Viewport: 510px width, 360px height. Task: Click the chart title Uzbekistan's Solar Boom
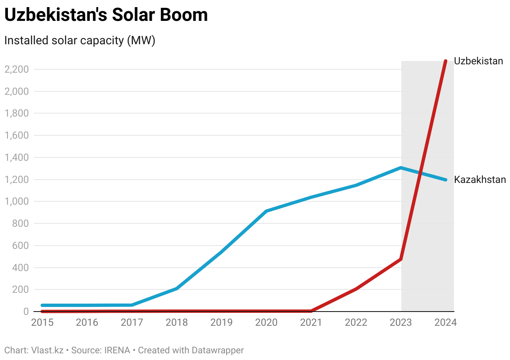(106, 15)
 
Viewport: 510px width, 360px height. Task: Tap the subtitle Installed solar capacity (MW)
(79, 41)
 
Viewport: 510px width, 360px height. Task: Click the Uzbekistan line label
(478, 61)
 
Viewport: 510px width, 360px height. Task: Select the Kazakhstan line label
(480, 180)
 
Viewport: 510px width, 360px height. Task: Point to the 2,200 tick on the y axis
(16, 69)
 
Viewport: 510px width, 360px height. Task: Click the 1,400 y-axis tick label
(16, 158)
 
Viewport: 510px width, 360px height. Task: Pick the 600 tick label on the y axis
(20, 246)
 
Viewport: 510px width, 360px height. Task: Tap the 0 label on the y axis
(25, 312)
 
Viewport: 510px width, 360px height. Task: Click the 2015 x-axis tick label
(43, 323)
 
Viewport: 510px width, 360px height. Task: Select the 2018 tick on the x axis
(177, 323)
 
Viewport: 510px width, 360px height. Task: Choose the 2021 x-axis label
(311, 323)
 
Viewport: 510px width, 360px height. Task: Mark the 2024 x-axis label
(445, 323)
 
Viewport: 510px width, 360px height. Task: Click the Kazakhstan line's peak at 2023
(401, 168)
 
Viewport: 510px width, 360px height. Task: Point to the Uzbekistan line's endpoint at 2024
(446, 61)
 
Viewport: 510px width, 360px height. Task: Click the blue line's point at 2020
(266, 211)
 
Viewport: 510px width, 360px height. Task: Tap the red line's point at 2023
(401, 259)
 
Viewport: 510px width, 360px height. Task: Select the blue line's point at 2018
(177, 289)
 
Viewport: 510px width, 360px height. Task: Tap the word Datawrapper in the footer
(217, 350)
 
